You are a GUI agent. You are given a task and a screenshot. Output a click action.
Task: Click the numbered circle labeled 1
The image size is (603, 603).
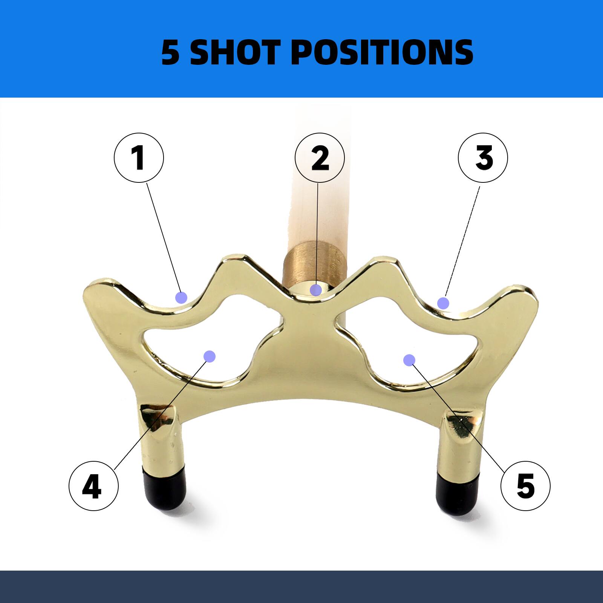[x=139, y=158]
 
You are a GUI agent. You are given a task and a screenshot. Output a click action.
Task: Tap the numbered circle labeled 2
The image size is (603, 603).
[x=320, y=158]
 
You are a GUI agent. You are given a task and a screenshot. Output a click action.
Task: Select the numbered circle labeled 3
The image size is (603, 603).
[x=483, y=158]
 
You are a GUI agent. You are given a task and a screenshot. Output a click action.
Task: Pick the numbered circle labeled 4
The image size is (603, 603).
[x=93, y=486]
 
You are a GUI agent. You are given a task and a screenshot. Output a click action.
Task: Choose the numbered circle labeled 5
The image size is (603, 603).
[x=525, y=486]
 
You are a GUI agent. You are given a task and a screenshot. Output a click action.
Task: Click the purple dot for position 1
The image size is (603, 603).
[x=181, y=297]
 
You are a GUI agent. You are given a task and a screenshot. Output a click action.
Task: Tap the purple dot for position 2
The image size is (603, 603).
[x=316, y=290]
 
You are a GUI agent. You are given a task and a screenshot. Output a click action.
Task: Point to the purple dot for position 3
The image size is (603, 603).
[x=443, y=303]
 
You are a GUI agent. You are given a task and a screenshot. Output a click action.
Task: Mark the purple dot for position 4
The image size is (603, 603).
[x=209, y=356]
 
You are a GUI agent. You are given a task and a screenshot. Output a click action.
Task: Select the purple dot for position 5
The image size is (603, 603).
[x=409, y=360]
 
